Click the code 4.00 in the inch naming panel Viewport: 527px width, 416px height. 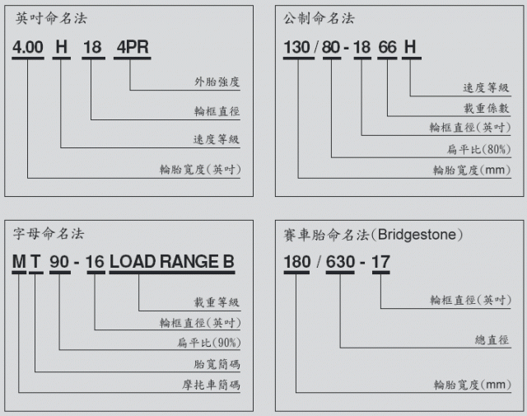(28, 47)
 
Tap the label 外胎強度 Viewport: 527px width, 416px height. (217, 83)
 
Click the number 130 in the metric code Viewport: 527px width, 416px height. (298, 47)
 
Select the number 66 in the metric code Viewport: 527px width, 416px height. (387, 47)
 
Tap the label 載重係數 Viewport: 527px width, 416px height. (487, 108)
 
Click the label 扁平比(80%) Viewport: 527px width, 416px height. (481, 149)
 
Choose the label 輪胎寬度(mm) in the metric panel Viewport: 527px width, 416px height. (472, 171)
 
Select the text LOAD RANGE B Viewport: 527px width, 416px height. (171, 263)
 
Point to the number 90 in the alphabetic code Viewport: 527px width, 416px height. (60, 263)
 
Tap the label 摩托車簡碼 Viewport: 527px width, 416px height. (217, 386)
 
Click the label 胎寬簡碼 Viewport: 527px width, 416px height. (223, 364)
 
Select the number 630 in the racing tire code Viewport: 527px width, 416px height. (341, 264)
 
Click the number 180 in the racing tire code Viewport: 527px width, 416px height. (298, 264)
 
